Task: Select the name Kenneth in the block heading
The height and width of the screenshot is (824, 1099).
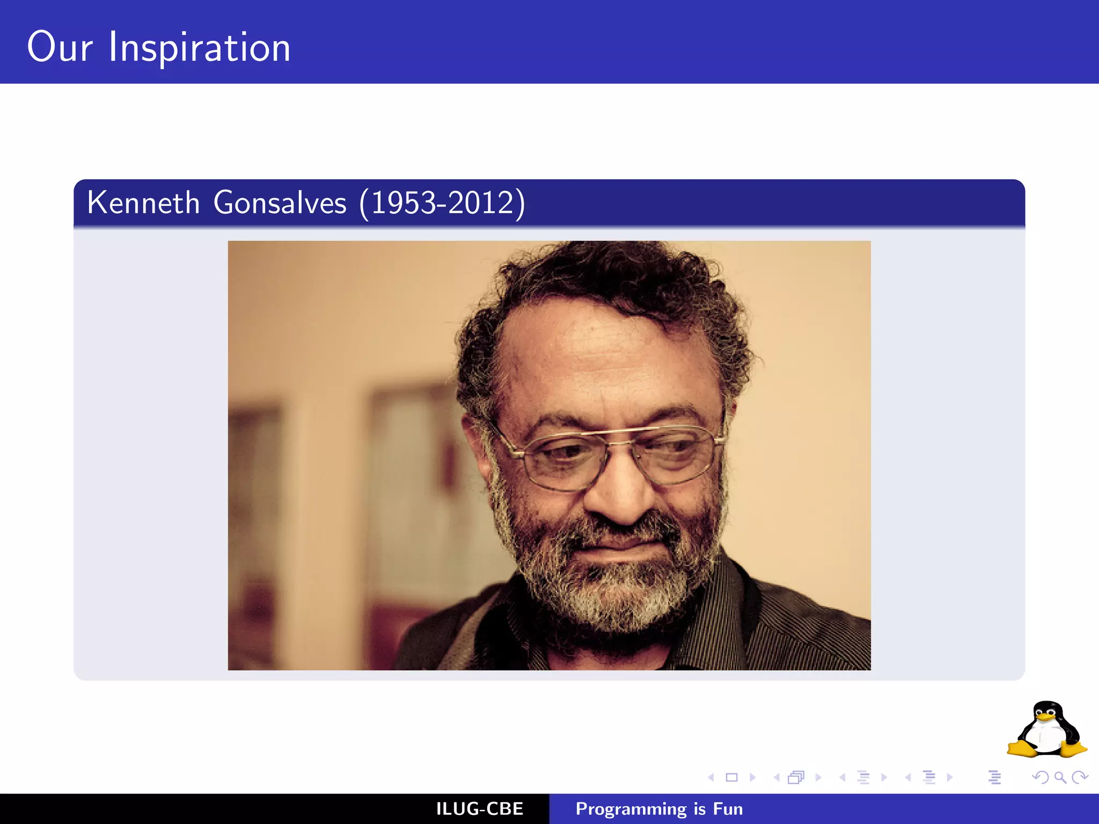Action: [143, 203]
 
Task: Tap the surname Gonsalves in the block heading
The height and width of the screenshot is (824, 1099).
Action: [280, 203]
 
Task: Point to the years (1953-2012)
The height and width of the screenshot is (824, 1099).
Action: [442, 203]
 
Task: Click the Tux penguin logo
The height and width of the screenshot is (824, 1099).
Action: [1046, 730]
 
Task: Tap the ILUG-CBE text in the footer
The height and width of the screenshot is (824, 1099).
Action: [479, 809]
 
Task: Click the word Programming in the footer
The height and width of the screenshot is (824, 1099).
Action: [631, 809]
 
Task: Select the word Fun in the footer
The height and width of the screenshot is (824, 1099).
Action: [728, 809]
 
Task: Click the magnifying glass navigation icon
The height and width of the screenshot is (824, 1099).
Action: [1060, 777]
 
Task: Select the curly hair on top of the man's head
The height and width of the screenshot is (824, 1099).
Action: [606, 274]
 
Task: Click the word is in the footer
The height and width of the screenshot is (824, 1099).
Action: [699, 809]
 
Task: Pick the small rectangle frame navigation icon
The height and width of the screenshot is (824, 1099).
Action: [731, 777]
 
